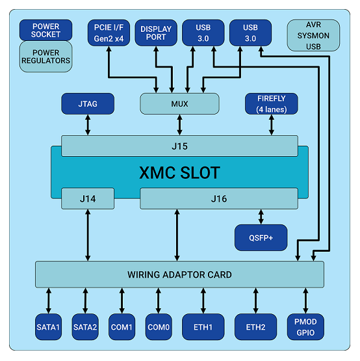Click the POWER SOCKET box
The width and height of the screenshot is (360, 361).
[x=45, y=30]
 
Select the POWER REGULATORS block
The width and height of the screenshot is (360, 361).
[x=45, y=57]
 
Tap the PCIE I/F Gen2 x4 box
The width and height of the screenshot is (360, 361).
[x=109, y=33]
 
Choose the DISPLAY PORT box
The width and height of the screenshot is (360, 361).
[x=156, y=33]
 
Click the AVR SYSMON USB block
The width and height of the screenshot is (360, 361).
[x=313, y=35]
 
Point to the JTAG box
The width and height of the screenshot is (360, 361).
[x=88, y=103]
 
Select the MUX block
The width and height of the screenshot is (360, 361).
[x=179, y=103]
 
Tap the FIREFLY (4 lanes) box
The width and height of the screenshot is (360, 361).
[x=272, y=103]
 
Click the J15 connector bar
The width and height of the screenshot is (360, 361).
[x=179, y=146]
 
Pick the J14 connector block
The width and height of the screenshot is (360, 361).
[x=88, y=198]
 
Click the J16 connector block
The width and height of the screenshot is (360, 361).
[x=219, y=198]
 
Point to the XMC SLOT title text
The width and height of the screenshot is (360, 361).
[x=179, y=172]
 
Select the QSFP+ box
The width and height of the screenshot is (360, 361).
[x=261, y=237]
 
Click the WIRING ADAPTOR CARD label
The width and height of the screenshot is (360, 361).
[x=179, y=274]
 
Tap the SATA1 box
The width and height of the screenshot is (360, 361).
[x=48, y=327]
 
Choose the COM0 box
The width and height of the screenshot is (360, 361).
[x=159, y=327]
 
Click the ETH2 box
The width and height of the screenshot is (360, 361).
[x=255, y=327]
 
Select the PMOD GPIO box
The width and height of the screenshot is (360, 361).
[x=305, y=327]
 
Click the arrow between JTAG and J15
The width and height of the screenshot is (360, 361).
[x=88, y=125]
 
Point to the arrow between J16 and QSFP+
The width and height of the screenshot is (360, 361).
[x=261, y=217]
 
